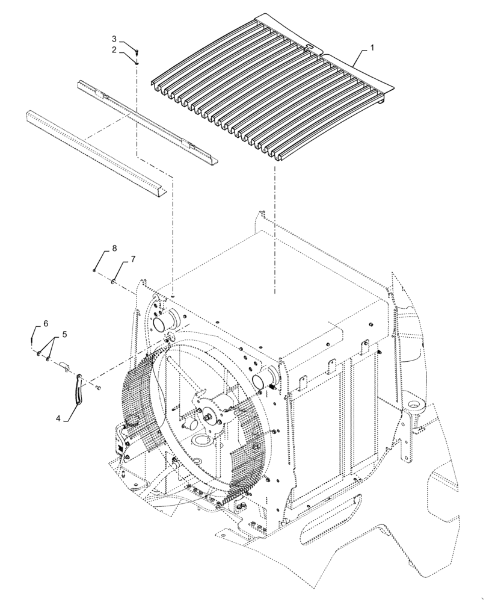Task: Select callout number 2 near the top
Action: [x=113, y=50]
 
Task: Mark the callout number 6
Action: [x=45, y=324]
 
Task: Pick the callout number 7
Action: [x=132, y=259]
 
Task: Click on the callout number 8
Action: [x=114, y=249]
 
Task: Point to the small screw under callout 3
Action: [x=137, y=55]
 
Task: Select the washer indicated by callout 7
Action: [x=112, y=281]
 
